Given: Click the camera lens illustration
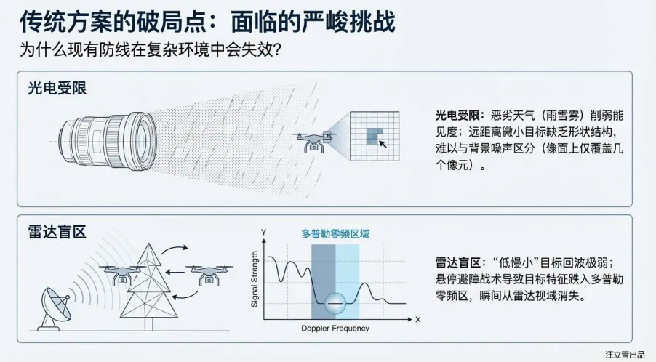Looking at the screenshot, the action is (109, 137).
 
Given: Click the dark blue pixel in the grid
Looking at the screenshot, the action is (374, 134).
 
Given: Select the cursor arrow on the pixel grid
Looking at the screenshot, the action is (383, 145).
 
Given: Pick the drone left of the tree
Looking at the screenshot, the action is (121, 275).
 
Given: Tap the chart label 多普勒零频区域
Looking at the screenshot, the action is (335, 234).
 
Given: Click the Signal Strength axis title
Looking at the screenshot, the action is (255, 278).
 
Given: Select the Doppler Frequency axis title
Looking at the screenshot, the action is (335, 329).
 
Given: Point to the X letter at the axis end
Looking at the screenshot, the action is (417, 319).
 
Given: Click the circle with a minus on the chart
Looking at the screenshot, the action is (335, 301).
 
